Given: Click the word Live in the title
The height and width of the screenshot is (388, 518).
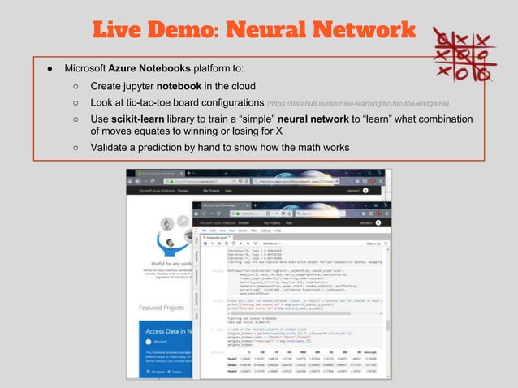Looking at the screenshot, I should click(x=119, y=32).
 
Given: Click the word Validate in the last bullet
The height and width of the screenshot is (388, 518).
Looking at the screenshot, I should click(x=111, y=148).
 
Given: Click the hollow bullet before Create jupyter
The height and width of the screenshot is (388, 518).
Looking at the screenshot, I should click(x=75, y=86).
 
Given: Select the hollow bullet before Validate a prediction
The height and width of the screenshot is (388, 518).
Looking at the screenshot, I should click(x=75, y=148).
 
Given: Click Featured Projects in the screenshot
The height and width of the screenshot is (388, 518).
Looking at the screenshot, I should click(x=161, y=308).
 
